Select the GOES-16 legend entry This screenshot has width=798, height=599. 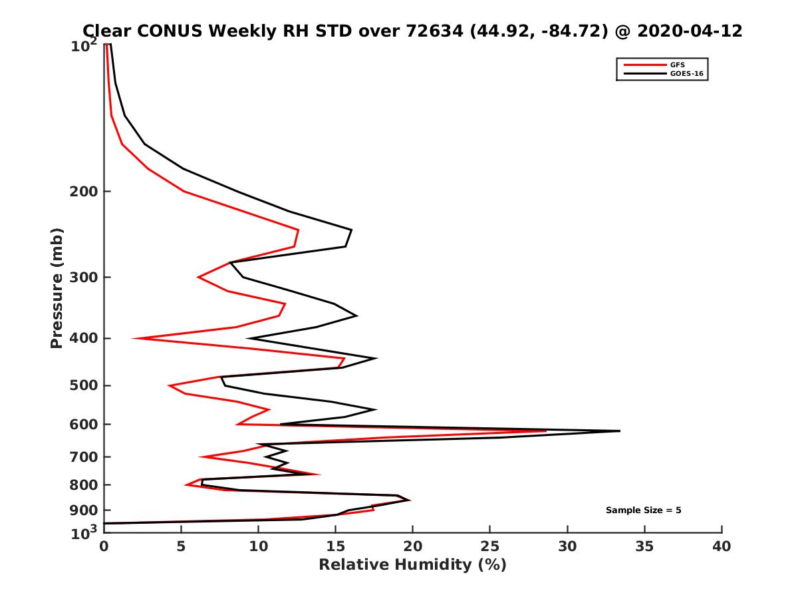pyautogui.click(x=684, y=74)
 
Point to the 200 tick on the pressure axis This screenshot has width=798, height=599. pyautogui.click(x=86, y=192)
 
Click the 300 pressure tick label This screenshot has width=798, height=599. pyautogui.click(x=86, y=278)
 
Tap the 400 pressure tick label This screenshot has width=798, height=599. pyautogui.click(x=86, y=338)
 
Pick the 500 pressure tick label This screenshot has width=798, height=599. pyautogui.click(x=86, y=385)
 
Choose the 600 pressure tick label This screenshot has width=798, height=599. pyautogui.click(x=86, y=424)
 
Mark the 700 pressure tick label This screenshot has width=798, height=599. pyautogui.click(x=86, y=457)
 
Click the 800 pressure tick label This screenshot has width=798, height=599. pyautogui.click(x=86, y=485)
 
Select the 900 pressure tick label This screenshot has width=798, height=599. pyautogui.click(x=86, y=510)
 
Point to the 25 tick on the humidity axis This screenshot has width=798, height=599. pyautogui.click(x=490, y=546)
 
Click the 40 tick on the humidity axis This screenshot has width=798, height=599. pyautogui.click(x=722, y=546)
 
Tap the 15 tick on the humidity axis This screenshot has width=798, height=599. pyautogui.click(x=336, y=546)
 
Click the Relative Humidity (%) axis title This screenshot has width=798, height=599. pyautogui.click(x=412, y=565)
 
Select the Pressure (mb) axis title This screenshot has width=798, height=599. pyautogui.click(x=57, y=288)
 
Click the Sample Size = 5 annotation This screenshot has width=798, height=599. pyautogui.click(x=643, y=510)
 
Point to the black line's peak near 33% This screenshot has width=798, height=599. pyautogui.click(x=619, y=431)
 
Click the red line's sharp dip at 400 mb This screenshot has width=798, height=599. pyautogui.click(x=134, y=339)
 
